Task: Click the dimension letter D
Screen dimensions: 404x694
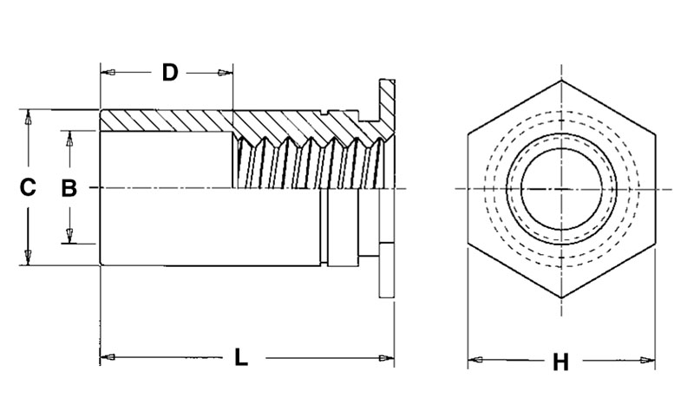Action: tap(170, 73)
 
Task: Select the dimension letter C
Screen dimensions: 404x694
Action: tap(28, 187)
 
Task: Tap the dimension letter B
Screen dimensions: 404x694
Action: tap(69, 187)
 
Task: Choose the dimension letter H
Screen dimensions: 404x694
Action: tap(561, 362)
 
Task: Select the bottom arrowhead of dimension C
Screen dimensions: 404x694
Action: tap(28, 257)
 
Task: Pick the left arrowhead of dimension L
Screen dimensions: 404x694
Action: tap(108, 357)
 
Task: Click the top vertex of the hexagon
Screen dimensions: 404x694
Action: tap(561, 81)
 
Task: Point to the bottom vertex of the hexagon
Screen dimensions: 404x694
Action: tap(561, 296)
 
